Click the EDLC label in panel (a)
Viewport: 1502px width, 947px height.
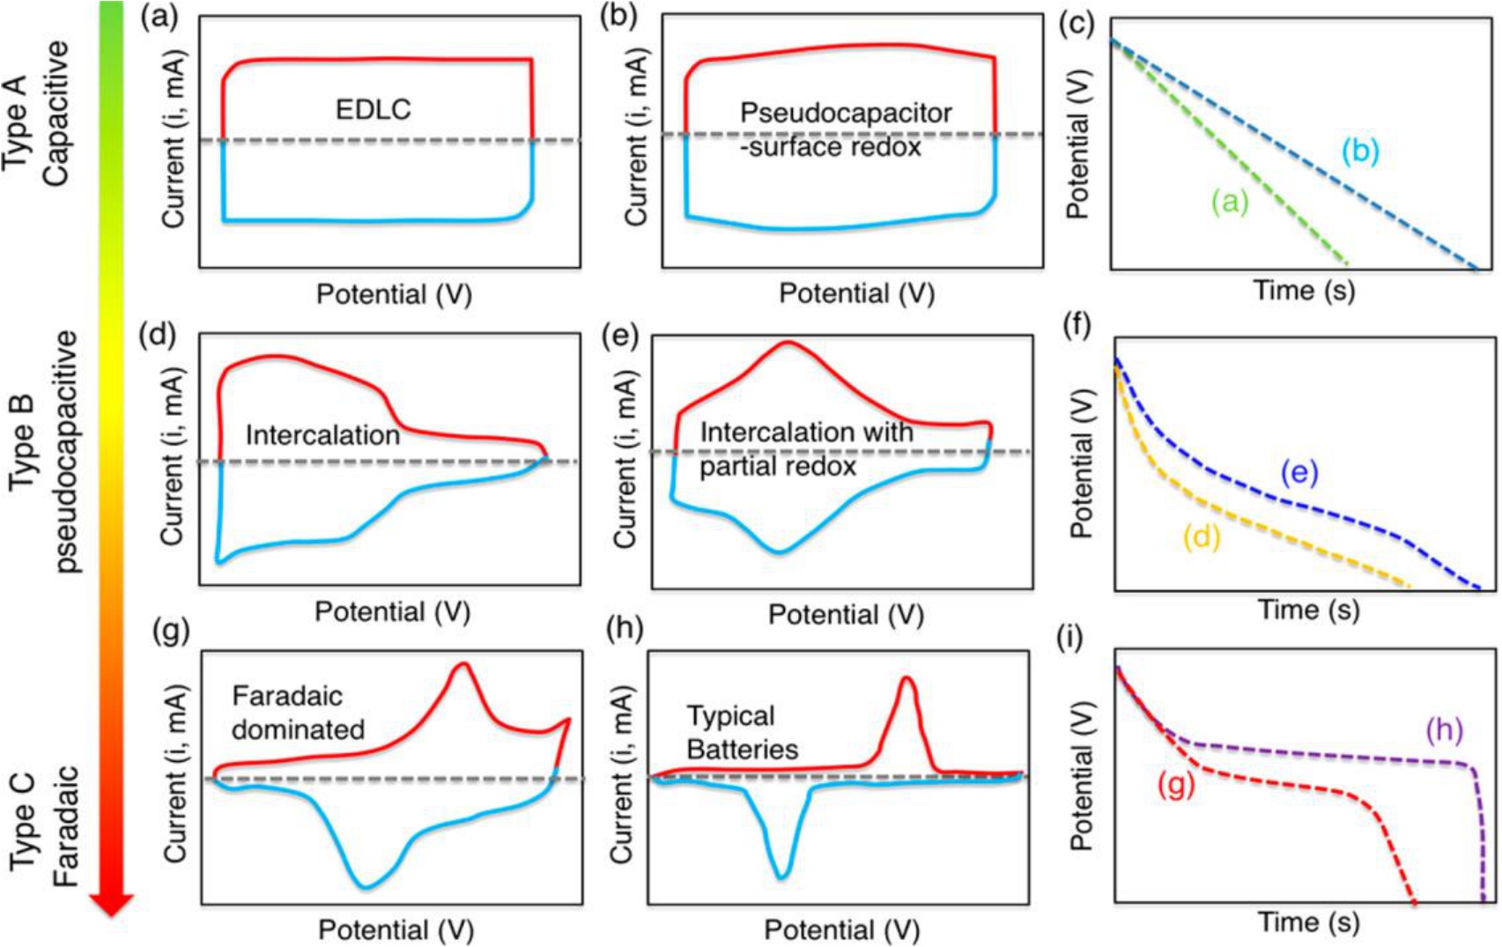[374, 109]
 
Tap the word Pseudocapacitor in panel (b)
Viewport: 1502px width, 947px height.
[846, 113]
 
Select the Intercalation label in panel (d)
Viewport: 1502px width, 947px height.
[322, 435]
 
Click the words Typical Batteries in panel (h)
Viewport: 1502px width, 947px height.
[742, 732]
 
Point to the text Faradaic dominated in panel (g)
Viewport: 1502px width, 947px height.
[298, 713]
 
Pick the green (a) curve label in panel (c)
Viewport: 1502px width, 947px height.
[1230, 202]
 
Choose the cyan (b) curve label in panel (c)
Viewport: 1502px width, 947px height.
[1360, 151]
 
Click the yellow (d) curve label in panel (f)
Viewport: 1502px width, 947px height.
[1202, 536]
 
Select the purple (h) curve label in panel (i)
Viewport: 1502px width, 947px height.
[1444, 729]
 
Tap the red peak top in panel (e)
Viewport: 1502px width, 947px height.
[788, 343]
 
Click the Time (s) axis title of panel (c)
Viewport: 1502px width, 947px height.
[1304, 290]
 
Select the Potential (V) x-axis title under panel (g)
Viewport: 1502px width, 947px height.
[396, 929]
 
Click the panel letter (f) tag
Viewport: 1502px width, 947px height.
[1077, 325]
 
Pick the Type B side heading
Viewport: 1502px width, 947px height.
[21, 443]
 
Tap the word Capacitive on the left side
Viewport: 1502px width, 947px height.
[55, 113]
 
